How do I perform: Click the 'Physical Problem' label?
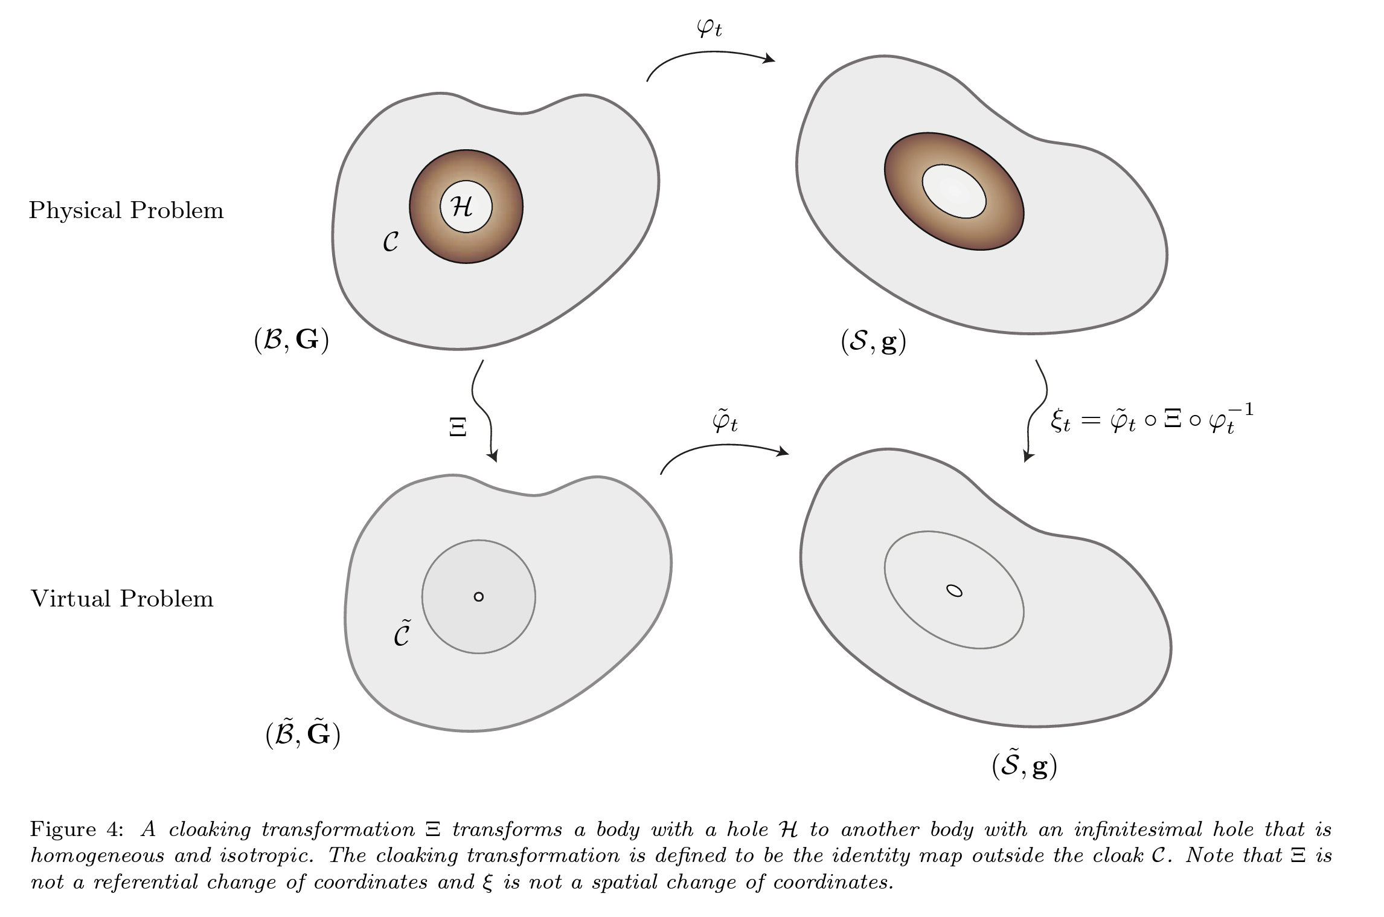[x=126, y=211]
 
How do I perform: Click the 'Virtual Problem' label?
[x=122, y=599]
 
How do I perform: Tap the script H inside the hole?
[x=463, y=207]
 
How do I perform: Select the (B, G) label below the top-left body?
[x=291, y=341]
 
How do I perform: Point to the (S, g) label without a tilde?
[x=873, y=343]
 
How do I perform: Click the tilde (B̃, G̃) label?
[x=303, y=735]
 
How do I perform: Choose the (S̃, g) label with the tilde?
[x=1024, y=766]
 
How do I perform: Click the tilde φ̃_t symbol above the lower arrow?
[x=725, y=422]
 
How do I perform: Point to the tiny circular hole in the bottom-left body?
[x=479, y=597]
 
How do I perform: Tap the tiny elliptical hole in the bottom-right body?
[x=954, y=591]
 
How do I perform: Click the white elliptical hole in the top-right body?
[x=954, y=191]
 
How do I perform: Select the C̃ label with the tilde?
[x=402, y=634]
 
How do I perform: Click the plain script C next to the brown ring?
[x=391, y=242]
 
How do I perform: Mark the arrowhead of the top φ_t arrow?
[x=770, y=59]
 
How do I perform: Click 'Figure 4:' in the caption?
[x=77, y=829]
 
